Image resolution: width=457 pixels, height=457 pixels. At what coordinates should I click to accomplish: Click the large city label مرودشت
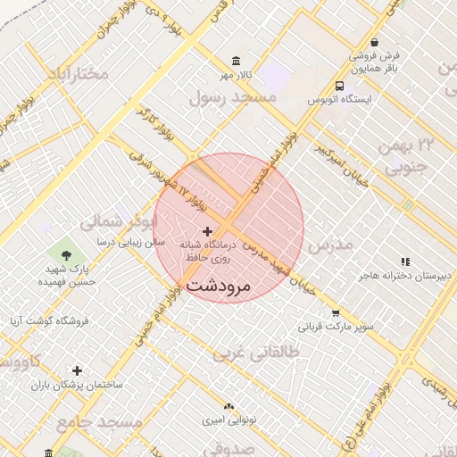[232, 286]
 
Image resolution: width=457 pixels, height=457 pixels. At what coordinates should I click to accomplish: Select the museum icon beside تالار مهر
[236, 61]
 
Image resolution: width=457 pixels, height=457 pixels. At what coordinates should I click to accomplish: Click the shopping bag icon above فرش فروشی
[374, 42]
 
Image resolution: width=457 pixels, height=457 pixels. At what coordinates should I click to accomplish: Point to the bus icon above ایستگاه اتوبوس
[339, 86]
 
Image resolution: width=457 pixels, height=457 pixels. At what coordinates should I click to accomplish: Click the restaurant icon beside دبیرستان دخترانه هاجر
[405, 262]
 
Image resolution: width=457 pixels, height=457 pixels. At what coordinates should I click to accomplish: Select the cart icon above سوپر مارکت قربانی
[336, 313]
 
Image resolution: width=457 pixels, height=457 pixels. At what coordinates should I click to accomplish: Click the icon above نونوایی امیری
[228, 405]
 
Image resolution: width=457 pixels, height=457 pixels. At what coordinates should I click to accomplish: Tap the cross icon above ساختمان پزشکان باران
[78, 370]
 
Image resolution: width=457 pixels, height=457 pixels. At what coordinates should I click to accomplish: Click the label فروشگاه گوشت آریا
[45, 320]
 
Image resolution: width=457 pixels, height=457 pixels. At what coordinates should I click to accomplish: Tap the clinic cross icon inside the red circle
[208, 231]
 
